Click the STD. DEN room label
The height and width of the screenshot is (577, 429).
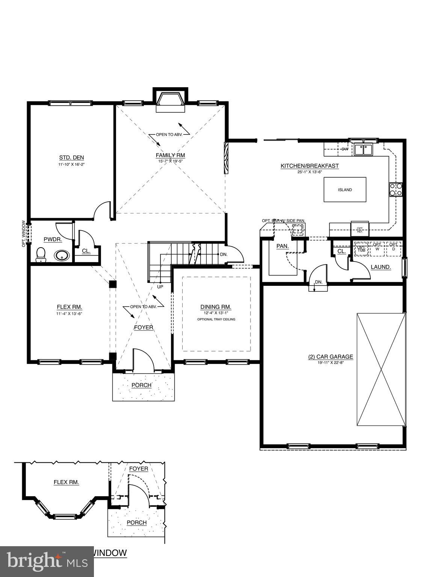(71, 157)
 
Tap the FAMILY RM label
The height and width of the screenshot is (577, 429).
(170, 155)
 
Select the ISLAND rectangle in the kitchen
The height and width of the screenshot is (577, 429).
(344, 190)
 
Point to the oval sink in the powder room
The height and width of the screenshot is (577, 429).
(62, 256)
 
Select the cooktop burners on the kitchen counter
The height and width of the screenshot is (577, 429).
(396, 189)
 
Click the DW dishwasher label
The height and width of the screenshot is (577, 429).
(344, 149)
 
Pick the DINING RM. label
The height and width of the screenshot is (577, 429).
(216, 307)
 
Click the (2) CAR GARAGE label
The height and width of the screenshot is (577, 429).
(331, 357)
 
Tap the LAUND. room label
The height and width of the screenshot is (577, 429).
(381, 267)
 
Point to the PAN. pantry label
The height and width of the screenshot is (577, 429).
(282, 246)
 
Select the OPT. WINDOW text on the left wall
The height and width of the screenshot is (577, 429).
(24, 233)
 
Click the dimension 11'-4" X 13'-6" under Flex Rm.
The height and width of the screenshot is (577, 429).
(69, 313)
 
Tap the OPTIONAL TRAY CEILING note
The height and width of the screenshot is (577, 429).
(216, 319)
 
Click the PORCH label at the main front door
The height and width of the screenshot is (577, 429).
(141, 385)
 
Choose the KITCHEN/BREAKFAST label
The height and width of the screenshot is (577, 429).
(310, 166)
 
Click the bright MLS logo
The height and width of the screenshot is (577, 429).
(47, 561)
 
